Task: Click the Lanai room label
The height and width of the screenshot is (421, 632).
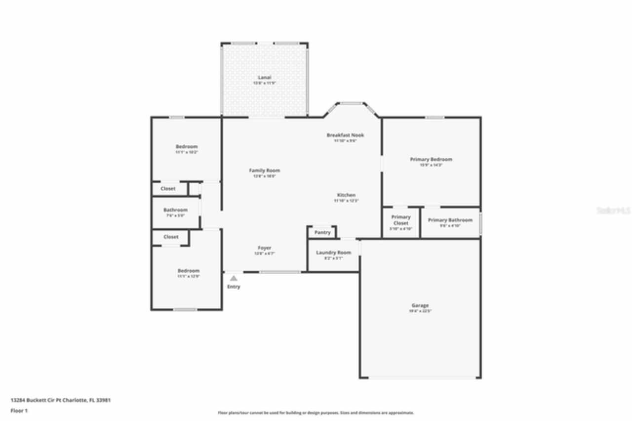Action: pos(265,78)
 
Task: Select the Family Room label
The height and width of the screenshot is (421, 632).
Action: pos(264,170)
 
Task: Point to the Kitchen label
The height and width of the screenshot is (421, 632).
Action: pos(346,195)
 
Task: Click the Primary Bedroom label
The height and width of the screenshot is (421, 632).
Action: pos(431,160)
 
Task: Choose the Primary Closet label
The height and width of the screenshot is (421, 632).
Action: pos(401,220)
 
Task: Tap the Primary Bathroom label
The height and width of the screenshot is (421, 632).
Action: pos(450,220)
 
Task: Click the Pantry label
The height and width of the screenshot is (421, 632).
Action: pos(322,232)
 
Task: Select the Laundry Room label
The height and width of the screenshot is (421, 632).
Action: pos(333,253)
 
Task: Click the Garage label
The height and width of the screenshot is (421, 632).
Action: pos(420,305)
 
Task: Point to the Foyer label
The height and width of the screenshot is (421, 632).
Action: pos(264,248)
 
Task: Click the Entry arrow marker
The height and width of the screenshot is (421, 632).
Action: pos(234,278)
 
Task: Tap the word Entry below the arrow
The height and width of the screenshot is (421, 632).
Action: pos(234,287)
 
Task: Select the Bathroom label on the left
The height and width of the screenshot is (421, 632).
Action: pos(175,210)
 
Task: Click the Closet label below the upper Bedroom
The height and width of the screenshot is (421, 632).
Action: pos(168,189)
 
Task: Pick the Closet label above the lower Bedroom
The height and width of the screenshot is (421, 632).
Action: pos(171,237)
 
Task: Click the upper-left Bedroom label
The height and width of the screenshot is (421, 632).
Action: pos(187,147)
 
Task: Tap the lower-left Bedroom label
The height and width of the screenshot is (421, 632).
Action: pos(189,271)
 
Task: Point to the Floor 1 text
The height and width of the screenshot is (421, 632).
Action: pos(19,411)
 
